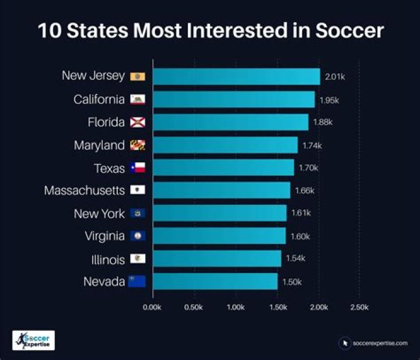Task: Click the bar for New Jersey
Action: (236, 76)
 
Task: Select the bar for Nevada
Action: (215, 281)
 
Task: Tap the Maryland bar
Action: (225, 145)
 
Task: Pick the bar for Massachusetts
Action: (222, 190)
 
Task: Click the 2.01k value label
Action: (334, 77)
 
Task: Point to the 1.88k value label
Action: (323, 123)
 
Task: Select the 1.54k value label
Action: (295, 258)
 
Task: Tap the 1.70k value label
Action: (309, 168)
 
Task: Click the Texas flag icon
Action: (138, 168)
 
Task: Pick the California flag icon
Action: (138, 99)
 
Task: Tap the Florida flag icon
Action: (138, 123)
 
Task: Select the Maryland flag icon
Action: (138, 145)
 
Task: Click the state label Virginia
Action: (104, 236)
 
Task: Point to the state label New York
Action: (99, 214)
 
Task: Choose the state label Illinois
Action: (108, 258)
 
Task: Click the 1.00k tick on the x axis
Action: (235, 307)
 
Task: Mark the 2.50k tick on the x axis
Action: (359, 307)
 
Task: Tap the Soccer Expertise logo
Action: (34, 340)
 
